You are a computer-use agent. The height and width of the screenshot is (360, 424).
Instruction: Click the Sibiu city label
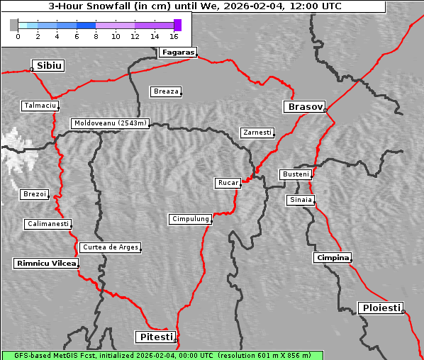(x=50, y=66)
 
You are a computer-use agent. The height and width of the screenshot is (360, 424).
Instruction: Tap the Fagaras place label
(x=177, y=52)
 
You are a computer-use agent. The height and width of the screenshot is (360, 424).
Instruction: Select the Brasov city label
(x=305, y=107)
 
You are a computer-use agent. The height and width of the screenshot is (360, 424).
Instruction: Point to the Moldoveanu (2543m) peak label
(x=111, y=123)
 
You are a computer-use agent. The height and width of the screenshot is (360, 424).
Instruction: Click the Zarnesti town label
(x=257, y=133)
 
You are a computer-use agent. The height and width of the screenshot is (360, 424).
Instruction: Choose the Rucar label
(x=228, y=183)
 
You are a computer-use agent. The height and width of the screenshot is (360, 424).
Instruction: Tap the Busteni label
(x=295, y=174)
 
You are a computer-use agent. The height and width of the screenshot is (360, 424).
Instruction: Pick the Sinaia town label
(x=300, y=200)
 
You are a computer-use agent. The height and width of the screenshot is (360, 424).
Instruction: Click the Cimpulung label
(x=190, y=219)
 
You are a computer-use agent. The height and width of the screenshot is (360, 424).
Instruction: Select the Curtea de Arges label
(x=110, y=247)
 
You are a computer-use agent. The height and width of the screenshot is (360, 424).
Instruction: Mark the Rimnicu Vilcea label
(x=45, y=263)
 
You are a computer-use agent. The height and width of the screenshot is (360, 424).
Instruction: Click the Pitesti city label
(x=155, y=337)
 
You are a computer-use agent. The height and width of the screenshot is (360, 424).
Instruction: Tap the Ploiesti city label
(x=381, y=308)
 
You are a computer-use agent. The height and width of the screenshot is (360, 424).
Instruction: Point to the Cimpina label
(x=332, y=257)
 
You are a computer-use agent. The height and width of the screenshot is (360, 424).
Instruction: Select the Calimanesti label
(x=48, y=224)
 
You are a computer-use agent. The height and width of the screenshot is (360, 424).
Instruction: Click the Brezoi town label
(x=34, y=194)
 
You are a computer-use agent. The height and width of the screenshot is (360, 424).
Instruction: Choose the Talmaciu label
(x=38, y=106)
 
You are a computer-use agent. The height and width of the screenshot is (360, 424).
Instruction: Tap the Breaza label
(x=166, y=91)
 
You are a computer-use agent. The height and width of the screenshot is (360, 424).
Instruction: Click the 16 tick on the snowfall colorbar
(x=174, y=35)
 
